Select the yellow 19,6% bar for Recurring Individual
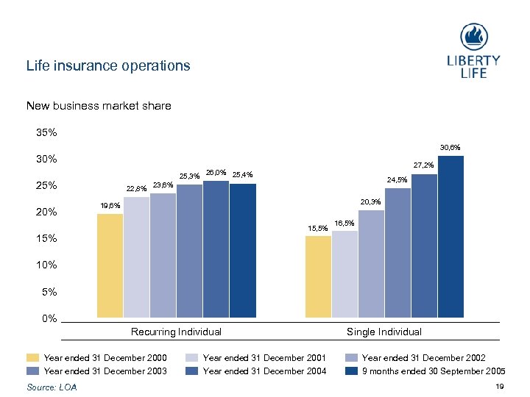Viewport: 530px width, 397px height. coord(110,265)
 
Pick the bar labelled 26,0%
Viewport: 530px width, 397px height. coord(216,249)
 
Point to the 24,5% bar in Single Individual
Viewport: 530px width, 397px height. coord(397,253)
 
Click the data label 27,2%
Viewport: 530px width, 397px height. coord(423,165)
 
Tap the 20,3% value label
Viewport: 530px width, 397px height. coord(371,202)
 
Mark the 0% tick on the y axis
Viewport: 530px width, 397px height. coord(49,318)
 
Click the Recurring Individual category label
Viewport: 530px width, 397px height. coord(176,332)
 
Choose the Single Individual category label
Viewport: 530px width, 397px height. coord(384,332)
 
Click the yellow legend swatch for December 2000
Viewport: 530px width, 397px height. coord(32,358)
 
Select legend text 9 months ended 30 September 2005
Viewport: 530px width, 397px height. coord(434,371)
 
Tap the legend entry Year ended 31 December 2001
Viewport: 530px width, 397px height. coord(264,358)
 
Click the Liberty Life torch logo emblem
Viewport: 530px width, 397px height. coord(473,37)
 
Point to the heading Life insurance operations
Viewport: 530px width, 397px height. coord(108,65)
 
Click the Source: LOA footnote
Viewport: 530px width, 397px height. coord(51,387)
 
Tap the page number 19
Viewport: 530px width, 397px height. coord(501,387)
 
